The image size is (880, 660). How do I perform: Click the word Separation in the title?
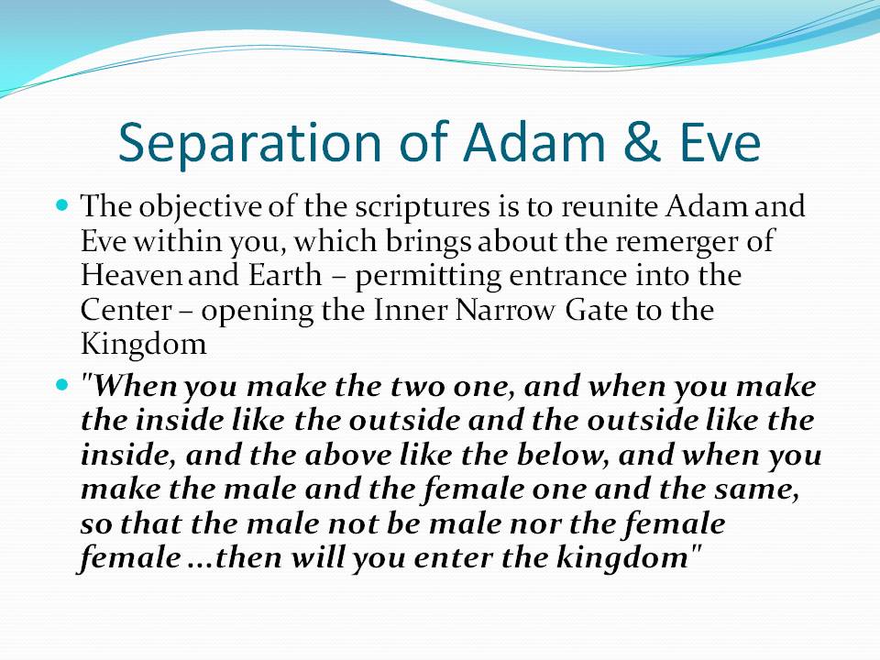point(249,143)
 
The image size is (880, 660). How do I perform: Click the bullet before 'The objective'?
point(62,203)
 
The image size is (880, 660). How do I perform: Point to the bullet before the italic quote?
point(62,385)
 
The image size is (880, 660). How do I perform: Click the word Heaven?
point(131,276)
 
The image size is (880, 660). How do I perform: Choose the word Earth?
point(285,275)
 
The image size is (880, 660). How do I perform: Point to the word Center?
point(126,310)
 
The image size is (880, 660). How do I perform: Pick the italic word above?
point(348,454)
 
